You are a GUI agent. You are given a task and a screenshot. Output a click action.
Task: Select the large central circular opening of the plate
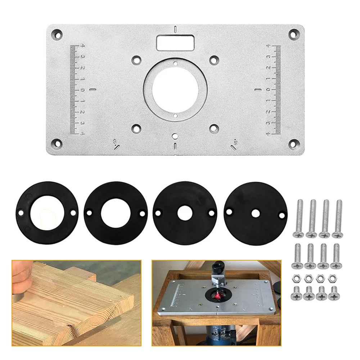[175, 89]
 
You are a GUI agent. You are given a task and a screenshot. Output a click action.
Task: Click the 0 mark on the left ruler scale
[82, 90]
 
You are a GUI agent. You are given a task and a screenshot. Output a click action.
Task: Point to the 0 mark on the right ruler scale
[268, 90]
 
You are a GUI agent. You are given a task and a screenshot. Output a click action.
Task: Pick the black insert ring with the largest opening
[47, 213]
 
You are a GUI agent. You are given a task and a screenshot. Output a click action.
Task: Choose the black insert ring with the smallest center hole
[256, 213]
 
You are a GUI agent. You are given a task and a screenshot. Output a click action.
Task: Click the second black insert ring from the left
[116, 213]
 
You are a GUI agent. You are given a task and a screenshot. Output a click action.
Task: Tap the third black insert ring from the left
[185, 213]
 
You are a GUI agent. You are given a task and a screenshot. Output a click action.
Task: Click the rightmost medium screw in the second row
[336, 256]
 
